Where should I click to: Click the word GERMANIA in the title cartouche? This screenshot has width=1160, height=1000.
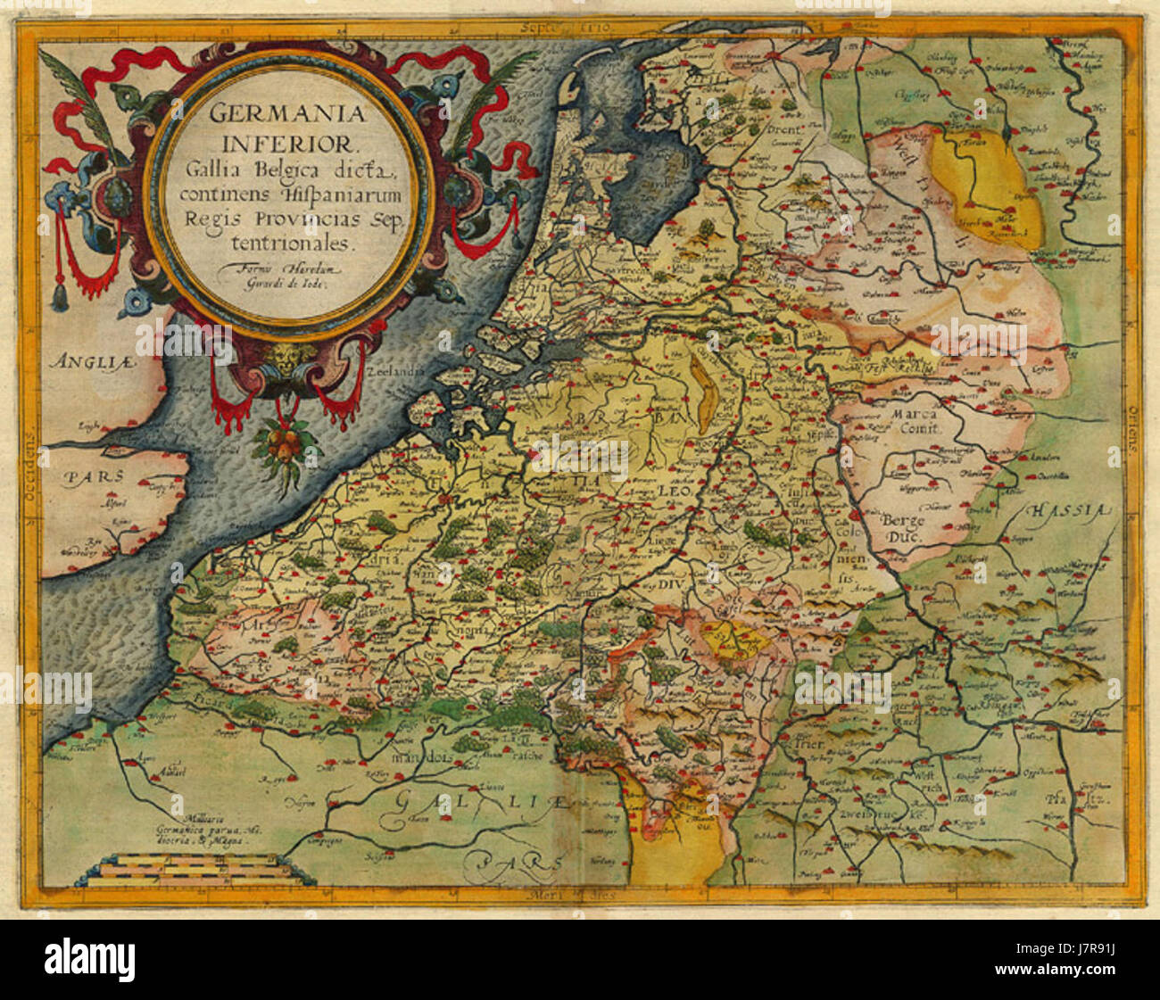[x=276, y=114]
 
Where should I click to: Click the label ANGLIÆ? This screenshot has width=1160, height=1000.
[x=84, y=361]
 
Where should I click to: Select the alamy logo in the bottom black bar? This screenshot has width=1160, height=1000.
[x=89, y=959]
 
